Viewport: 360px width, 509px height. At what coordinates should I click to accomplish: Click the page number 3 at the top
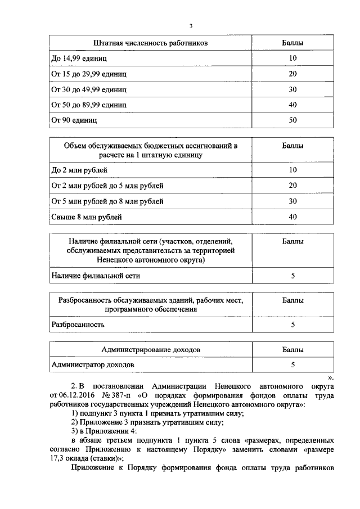pyautogui.click(x=191, y=26)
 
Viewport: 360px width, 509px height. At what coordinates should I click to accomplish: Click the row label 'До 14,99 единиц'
pyautogui.click(x=79, y=58)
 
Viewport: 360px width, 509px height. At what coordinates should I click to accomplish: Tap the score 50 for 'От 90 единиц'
pyautogui.click(x=292, y=120)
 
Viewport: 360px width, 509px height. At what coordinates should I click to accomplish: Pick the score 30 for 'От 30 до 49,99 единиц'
pyautogui.click(x=292, y=89)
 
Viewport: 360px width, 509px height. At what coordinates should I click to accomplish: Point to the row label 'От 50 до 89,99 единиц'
pyautogui.click(x=89, y=105)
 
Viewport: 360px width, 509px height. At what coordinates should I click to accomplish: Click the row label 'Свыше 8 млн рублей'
pyautogui.click(x=87, y=217)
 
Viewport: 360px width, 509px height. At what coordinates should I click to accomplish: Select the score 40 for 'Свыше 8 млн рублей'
pyautogui.click(x=292, y=217)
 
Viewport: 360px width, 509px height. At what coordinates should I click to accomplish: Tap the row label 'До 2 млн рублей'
pyautogui.click(x=79, y=169)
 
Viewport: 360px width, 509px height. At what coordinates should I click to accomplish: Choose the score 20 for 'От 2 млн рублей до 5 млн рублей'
pyautogui.click(x=292, y=185)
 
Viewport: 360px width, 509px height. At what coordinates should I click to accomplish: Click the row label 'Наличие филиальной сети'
pyautogui.click(x=96, y=276)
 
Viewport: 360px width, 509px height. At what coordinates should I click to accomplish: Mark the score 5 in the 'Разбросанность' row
pyautogui.click(x=292, y=325)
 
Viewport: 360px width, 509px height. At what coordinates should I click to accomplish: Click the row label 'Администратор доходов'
pyautogui.click(x=93, y=365)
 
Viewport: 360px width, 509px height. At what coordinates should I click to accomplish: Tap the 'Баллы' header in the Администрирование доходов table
pyautogui.click(x=292, y=350)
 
